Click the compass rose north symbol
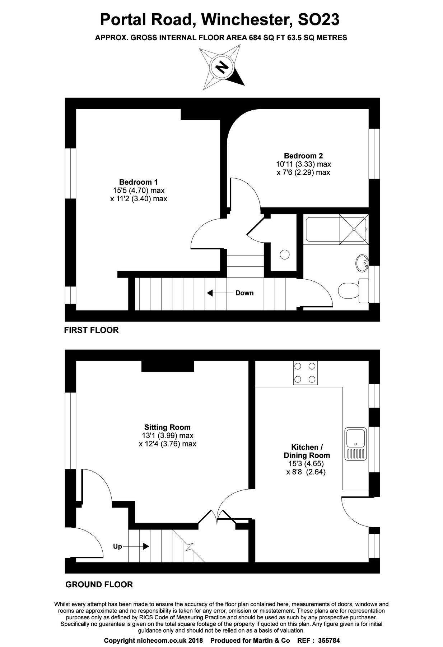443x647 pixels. [x=222, y=67]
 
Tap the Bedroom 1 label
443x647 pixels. [x=138, y=182]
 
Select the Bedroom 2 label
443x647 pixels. [x=303, y=156]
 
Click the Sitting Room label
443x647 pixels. [x=167, y=427]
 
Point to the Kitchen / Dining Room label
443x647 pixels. [x=307, y=451]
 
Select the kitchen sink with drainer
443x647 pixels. [x=355, y=444]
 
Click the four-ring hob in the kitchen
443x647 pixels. [x=305, y=373]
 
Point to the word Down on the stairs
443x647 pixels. [x=244, y=293]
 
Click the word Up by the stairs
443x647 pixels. [x=117, y=546]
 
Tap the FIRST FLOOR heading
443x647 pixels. [x=91, y=330]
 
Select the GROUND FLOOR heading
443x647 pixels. [x=99, y=584]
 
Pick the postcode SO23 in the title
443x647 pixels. [x=318, y=19]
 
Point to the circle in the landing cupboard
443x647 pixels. [x=285, y=254]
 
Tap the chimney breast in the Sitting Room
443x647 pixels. [x=168, y=366]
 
